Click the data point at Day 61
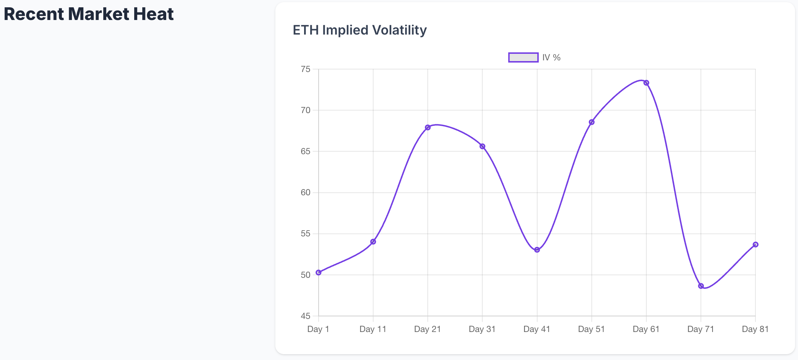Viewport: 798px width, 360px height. pos(646,83)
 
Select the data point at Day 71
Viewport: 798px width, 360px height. pos(701,286)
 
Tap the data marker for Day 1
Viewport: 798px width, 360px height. pos(319,272)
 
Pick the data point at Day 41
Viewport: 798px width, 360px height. pos(537,250)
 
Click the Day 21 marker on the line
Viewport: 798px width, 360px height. pos(428,128)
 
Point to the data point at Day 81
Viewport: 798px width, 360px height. pos(755,245)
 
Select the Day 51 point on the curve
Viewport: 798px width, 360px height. pos(592,122)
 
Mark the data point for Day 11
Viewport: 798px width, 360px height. pos(373,242)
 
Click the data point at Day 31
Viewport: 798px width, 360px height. pos(482,147)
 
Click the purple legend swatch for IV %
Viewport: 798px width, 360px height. pos(523,57)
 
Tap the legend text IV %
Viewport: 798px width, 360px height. pos(551,57)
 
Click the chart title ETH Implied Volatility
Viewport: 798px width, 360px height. pos(359,30)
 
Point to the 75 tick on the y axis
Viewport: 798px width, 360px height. pos(306,69)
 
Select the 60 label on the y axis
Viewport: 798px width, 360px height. pos(306,192)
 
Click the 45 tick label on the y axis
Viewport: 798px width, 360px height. pos(306,316)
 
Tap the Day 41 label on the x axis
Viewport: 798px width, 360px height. pos(537,329)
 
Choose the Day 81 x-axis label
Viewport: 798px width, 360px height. pos(755,329)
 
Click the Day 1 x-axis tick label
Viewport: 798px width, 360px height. pos(318,329)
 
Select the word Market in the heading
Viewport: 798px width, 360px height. pos(98,14)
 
